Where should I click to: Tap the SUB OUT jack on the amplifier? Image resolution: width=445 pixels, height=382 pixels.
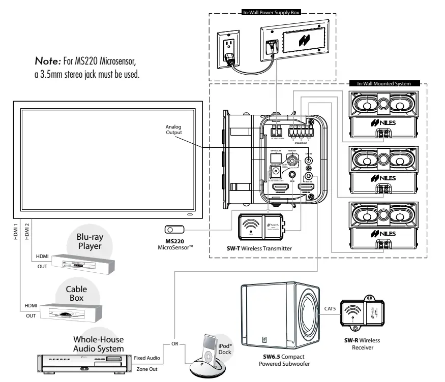[293, 160]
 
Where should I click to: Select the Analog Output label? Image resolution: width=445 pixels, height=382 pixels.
[174, 131]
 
